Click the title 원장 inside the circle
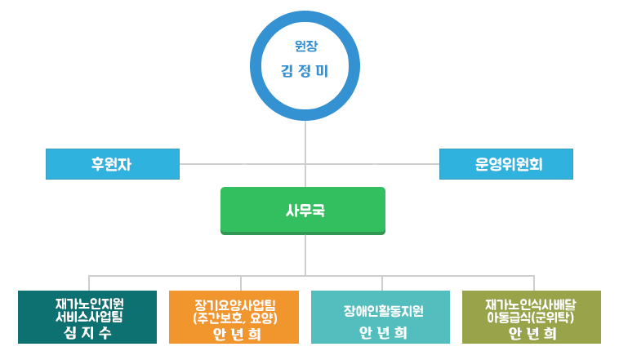click(305, 47)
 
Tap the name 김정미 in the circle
click(305, 72)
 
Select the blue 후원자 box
click(112, 164)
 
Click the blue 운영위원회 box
click(506, 164)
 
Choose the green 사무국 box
click(303, 211)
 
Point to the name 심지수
click(87, 333)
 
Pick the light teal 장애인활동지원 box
click(381, 317)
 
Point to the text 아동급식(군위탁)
click(531, 317)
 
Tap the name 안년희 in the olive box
click(532, 333)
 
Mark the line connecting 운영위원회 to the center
click(372, 164)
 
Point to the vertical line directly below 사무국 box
click(306, 254)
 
